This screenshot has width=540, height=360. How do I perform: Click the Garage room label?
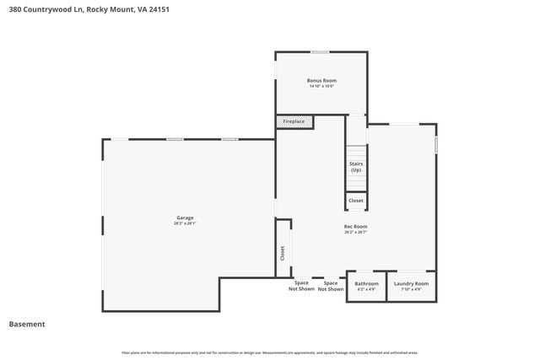click(185, 218)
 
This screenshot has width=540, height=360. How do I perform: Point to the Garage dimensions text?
click(185, 223)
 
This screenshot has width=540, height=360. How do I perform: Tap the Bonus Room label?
click(321, 80)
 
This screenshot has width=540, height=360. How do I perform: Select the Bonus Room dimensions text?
click(321, 86)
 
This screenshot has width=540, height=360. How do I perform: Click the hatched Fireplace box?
click(295, 122)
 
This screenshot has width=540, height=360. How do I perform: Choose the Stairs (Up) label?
click(356, 167)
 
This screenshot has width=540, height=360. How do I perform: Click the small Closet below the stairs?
click(356, 201)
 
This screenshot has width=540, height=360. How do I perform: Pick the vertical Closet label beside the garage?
click(283, 252)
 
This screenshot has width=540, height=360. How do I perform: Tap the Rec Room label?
click(355, 226)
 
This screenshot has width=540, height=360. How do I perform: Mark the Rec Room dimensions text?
click(355, 232)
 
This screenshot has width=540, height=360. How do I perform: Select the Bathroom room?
click(366, 286)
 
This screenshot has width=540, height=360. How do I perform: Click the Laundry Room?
click(411, 286)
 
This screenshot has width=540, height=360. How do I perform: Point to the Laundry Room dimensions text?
click(411, 290)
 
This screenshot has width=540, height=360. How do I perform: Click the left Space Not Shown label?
click(301, 286)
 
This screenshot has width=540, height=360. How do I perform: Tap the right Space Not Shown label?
click(331, 286)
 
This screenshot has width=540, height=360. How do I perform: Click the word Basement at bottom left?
click(26, 324)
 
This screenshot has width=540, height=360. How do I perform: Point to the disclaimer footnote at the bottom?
click(269, 352)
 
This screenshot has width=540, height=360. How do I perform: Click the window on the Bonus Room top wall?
click(320, 52)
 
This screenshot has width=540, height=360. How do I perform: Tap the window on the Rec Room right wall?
click(436, 144)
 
